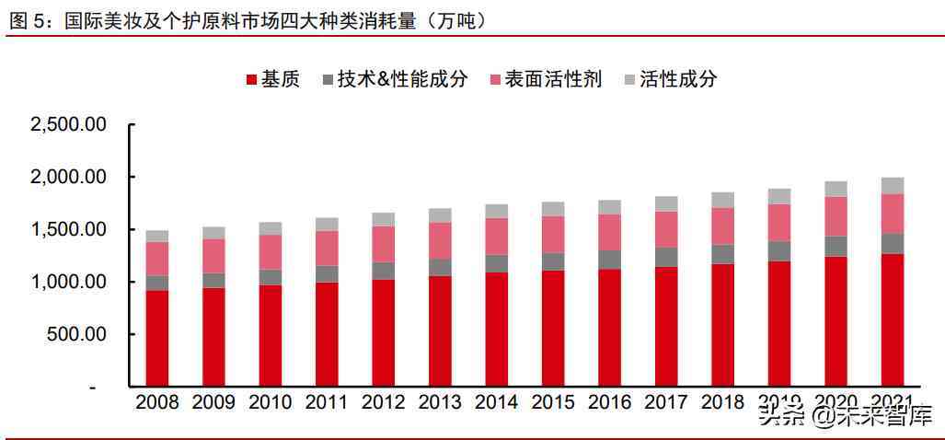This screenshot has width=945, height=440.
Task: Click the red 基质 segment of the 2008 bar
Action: [157, 338]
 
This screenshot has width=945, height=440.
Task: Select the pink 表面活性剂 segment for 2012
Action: [384, 244]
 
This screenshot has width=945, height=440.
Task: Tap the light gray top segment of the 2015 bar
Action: [553, 209]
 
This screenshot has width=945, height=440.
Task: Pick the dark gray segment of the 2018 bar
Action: [722, 254]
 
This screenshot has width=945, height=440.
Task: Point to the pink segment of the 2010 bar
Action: [271, 252]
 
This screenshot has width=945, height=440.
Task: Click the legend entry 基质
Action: [272, 79]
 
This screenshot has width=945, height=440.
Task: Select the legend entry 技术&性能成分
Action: [395, 79]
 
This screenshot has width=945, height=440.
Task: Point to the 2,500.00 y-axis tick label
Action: [69, 124]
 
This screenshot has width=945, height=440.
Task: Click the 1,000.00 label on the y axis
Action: [69, 282]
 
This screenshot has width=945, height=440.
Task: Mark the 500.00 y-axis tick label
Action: [77, 334]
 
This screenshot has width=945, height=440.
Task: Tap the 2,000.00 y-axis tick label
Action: [69, 177]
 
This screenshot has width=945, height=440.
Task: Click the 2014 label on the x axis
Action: [496, 402]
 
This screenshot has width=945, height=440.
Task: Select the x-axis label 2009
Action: [213, 402]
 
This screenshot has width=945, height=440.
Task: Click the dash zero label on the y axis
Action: [91, 387]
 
